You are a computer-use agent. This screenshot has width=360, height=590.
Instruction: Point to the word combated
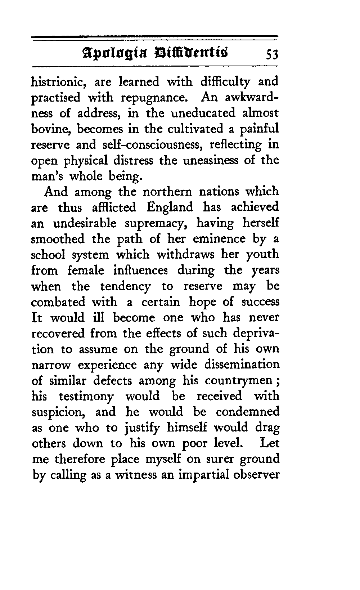pyautogui.click(x=59, y=302)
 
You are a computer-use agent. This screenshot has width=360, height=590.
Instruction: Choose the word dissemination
pyautogui.click(x=242, y=365)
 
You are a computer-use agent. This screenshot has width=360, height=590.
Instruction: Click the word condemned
pyautogui.click(x=248, y=412)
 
